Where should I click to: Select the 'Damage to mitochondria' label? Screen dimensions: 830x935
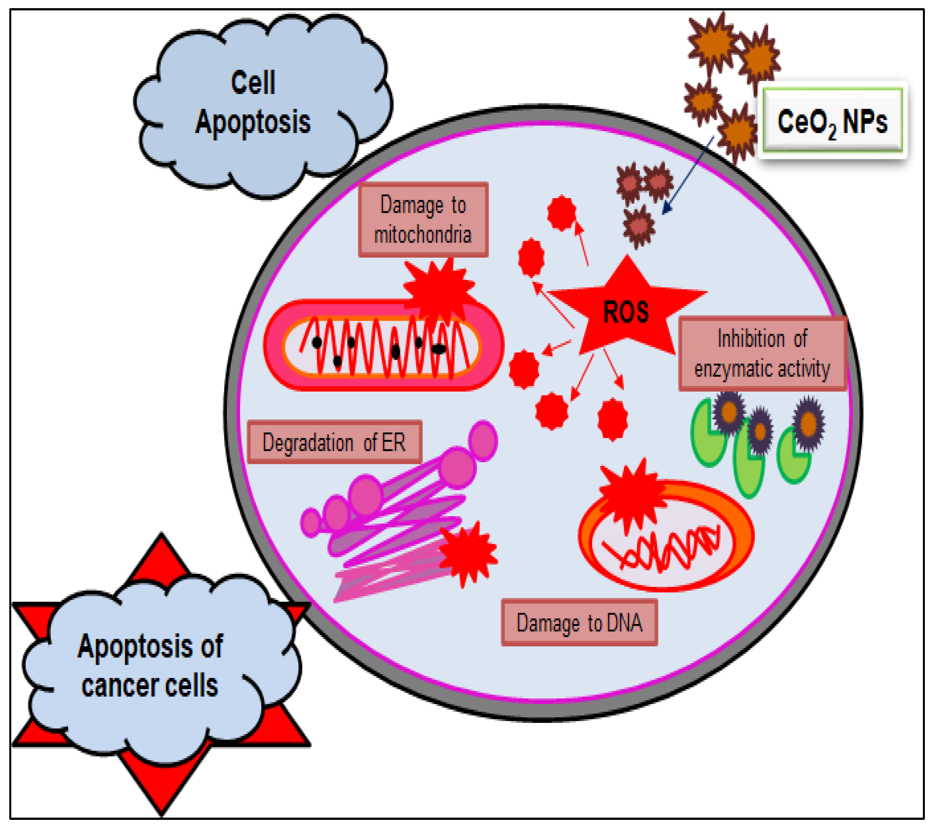pyautogui.click(x=423, y=220)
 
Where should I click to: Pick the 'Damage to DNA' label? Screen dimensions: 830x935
pyautogui.click(x=579, y=623)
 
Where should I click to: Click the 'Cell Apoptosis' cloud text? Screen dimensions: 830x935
pyautogui.click(x=253, y=103)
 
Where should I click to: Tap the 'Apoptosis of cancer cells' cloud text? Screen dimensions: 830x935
pyautogui.click(x=150, y=666)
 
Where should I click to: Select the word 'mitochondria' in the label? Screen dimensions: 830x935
pyautogui.click(x=423, y=235)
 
